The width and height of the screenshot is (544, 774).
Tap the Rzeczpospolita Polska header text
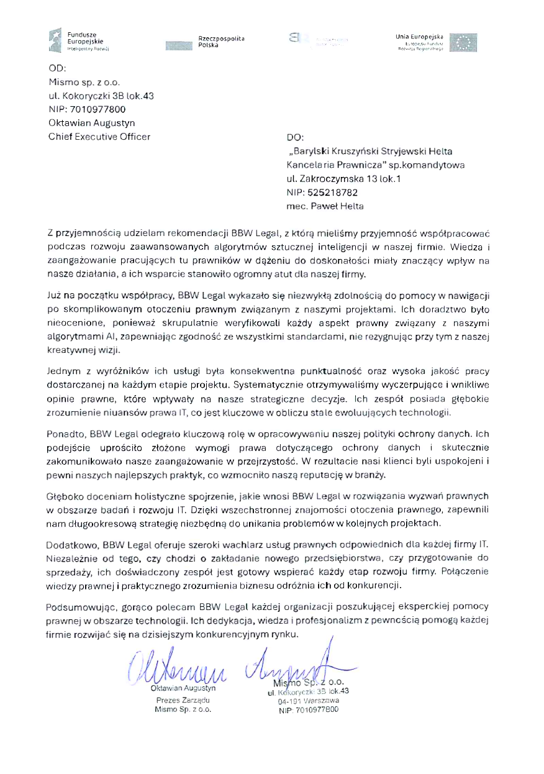(221, 42)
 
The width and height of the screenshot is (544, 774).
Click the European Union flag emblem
(463, 42)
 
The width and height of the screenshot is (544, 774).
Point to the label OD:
(57, 69)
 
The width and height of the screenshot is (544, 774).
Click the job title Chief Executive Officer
(99, 137)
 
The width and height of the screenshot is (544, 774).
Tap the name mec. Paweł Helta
(325, 206)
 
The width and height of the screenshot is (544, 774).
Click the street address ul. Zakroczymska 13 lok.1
(343, 179)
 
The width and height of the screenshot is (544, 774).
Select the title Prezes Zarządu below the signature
(183, 699)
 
